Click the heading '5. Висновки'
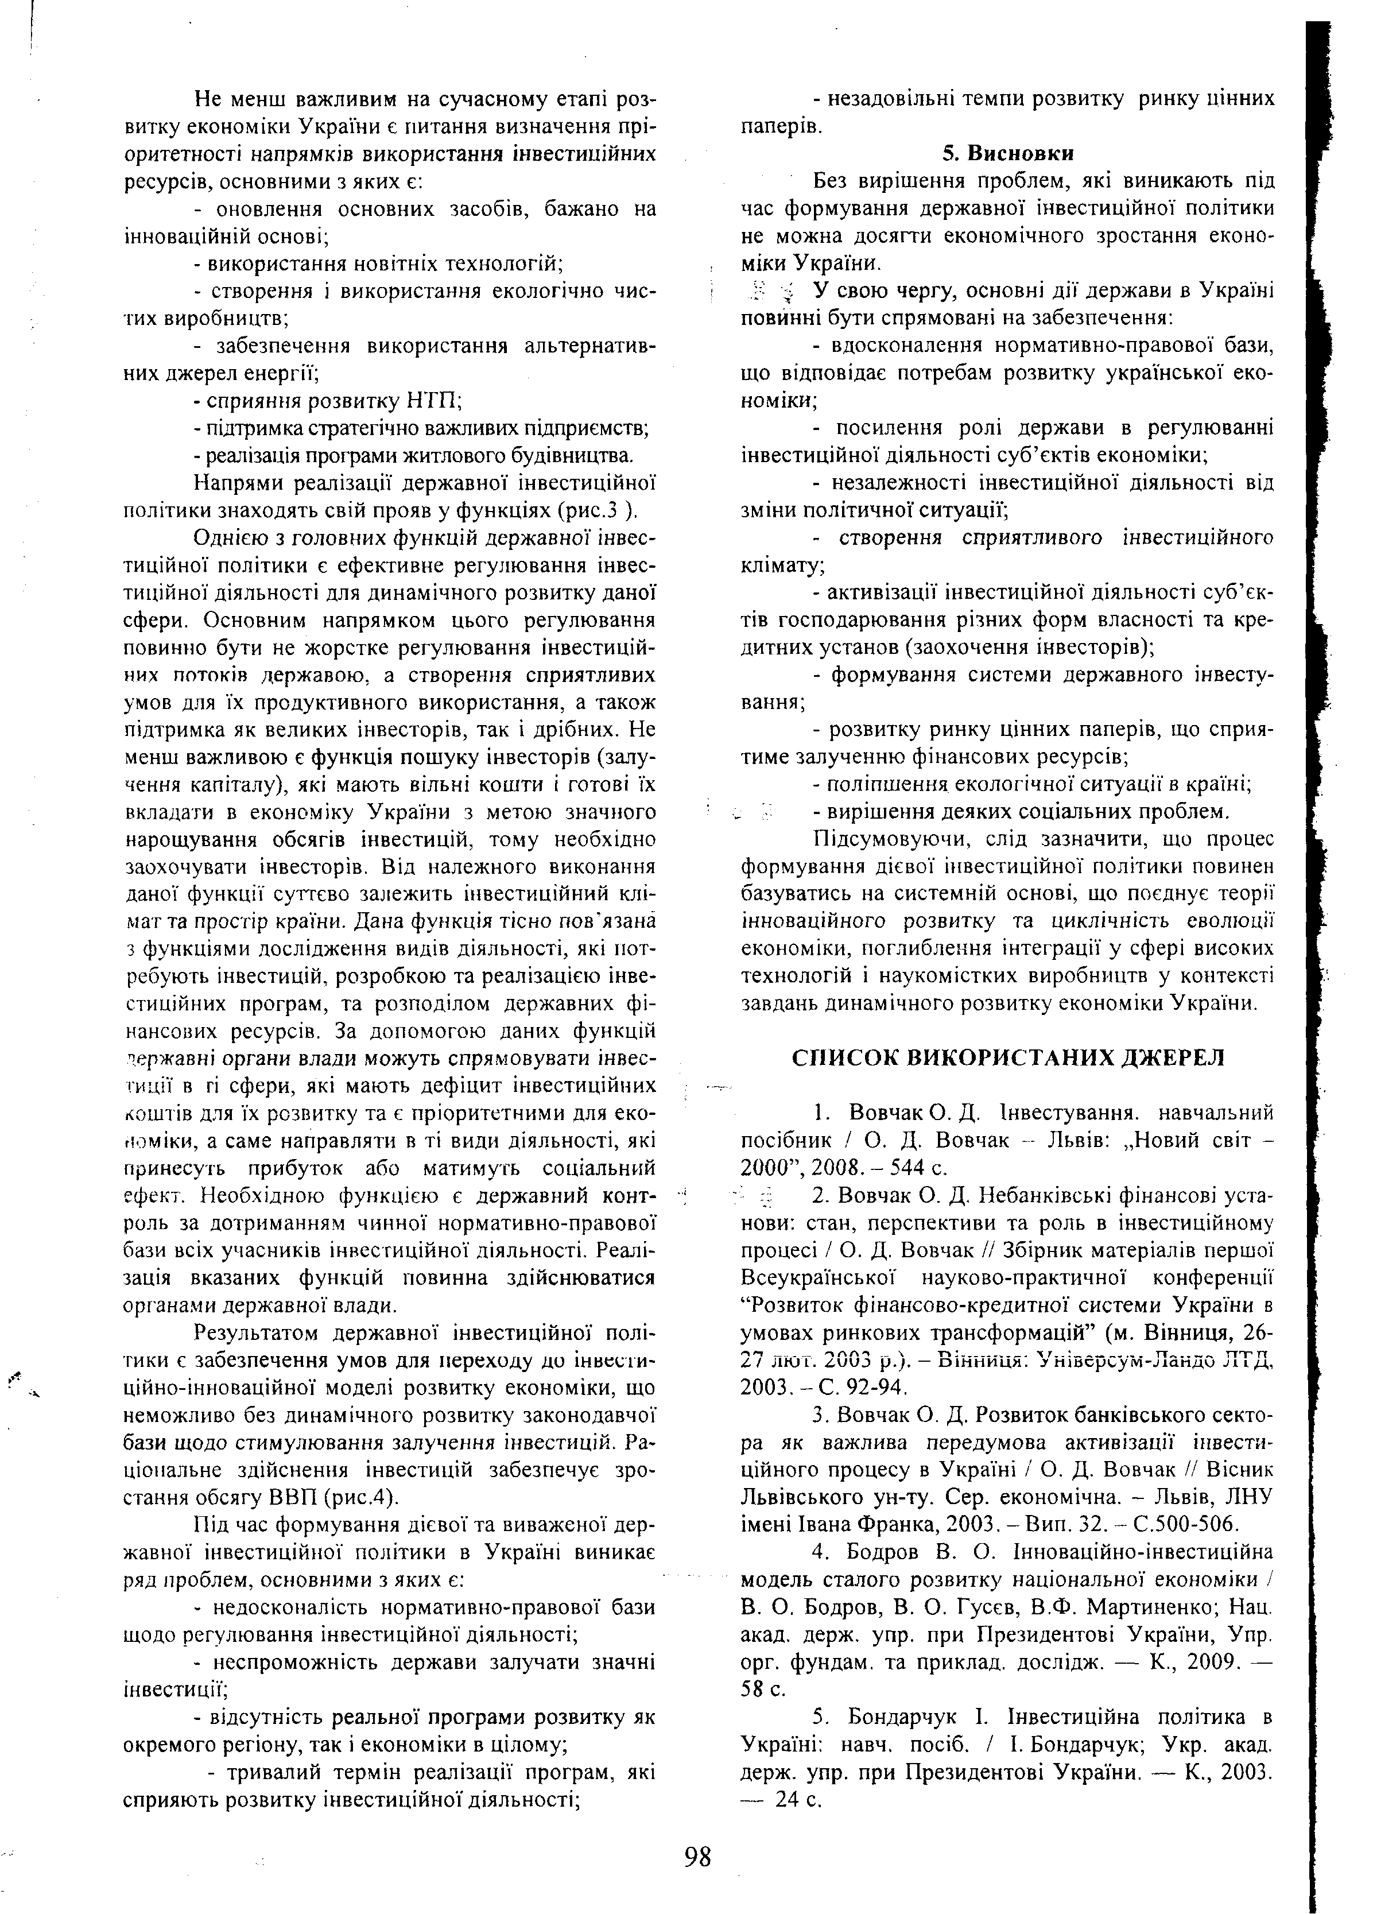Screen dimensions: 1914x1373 point(1007,154)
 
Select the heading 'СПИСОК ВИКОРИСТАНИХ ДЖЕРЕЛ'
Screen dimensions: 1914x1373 point(1007,1057)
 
